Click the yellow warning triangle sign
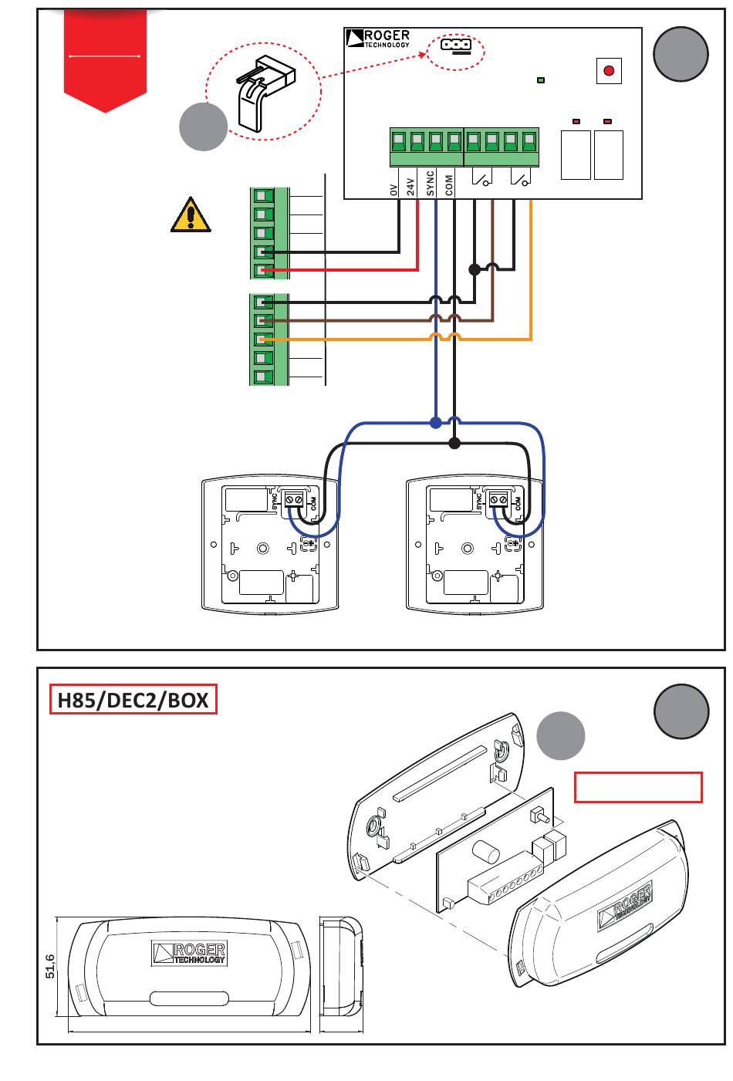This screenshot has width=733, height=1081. pos(191,215)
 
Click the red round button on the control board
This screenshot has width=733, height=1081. pos(609,71)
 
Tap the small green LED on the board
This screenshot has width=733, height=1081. pos(541,80)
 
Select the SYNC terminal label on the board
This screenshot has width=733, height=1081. pos(430,184)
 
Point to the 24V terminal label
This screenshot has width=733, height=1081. pos(410,187)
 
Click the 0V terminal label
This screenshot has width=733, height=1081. pos(394,190)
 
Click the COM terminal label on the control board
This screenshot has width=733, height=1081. pos(449,185)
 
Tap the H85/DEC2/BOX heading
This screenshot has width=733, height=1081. pos(133,701)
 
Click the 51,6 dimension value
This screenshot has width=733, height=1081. pos(50,966)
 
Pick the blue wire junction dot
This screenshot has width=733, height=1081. pos(435,424)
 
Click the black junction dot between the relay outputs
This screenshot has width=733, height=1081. pos(475,269)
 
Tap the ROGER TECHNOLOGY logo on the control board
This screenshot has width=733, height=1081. pos(378,39)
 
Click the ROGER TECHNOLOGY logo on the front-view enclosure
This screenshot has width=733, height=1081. pos(189,953)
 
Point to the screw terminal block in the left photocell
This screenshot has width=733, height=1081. pos(294,499)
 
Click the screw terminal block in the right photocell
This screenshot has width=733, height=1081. pos(498,499)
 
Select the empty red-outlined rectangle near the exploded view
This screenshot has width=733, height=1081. pos(638,787)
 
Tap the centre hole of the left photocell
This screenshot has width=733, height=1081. pos(263,549)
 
